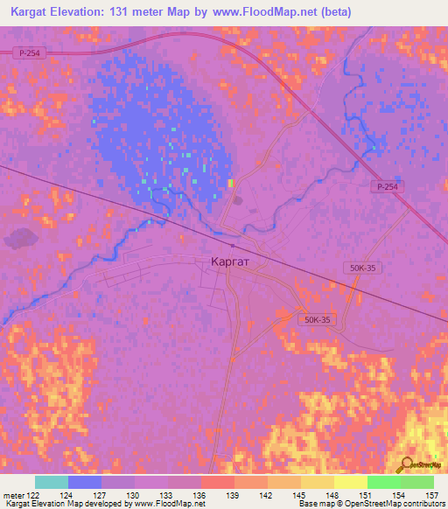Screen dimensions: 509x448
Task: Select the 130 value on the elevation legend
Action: tap(134, 496)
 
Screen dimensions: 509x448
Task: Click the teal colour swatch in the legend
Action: tap(52, 482)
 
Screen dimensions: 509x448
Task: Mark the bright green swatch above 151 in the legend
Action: tap(383, 482)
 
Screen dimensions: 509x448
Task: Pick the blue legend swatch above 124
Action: tap(85, 482)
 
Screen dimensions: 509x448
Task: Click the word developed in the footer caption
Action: tap(94, 505)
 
